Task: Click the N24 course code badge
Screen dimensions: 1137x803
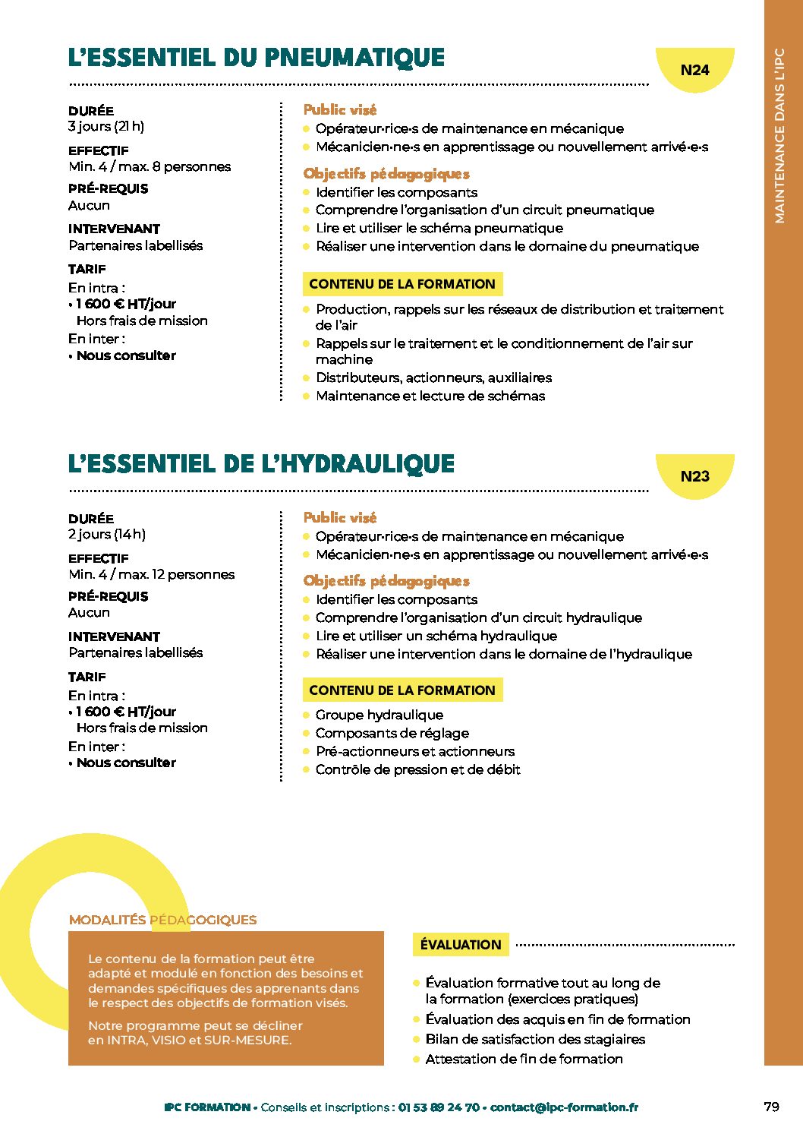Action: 694,70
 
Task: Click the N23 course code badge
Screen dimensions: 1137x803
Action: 694,476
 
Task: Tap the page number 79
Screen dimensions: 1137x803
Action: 771,1107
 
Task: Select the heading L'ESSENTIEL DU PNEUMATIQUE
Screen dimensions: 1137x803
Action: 257,58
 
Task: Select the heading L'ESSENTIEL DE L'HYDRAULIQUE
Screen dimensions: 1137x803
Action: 261,464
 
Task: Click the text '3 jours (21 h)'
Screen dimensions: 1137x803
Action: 106,127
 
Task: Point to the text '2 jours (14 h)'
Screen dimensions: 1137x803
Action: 107,534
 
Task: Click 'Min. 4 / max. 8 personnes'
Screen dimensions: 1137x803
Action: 150,166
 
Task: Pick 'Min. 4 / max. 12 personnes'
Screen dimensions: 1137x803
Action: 152,574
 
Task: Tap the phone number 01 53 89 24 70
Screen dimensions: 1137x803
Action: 439,1107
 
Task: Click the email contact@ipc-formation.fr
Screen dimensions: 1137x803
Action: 564,1107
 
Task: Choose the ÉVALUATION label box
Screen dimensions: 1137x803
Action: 461,945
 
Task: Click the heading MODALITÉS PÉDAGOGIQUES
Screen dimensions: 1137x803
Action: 162,920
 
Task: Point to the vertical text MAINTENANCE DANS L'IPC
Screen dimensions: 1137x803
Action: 779,137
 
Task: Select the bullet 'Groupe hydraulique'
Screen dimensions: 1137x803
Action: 379,715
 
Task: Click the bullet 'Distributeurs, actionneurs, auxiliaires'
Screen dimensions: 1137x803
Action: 433,377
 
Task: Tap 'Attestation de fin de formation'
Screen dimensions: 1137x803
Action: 524,1059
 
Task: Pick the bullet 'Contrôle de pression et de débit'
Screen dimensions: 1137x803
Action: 418,769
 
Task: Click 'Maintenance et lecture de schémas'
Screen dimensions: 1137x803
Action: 430,396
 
